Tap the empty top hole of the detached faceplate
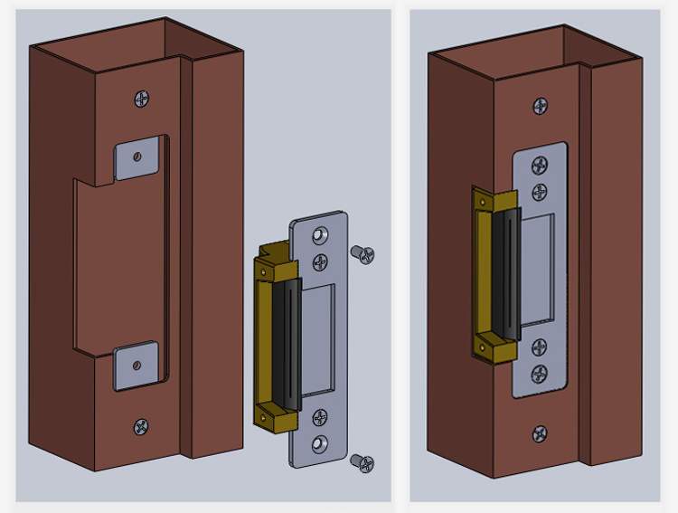pyautogui.click(x=318, y=235)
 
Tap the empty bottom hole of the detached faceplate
pyautogui.click(x=318, y=444)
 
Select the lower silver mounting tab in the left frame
pyautogui.click(x=137, y=366)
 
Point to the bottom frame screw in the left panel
pyautogui.click(x=141, y=425)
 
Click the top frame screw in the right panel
pyautogui.click(x=541, y=106)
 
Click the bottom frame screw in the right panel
pyautogui.click(x=540, y=433)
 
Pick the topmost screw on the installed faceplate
pyautogui.click(x=540, y=166)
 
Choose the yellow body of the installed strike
pyautogui.click(x=482, y=271)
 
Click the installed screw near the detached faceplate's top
pyautogui.click(x=319, y=262)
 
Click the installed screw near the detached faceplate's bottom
pyautogui.click(x=319, y=417)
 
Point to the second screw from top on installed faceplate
pyautogui.click(x=540, y=192)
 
